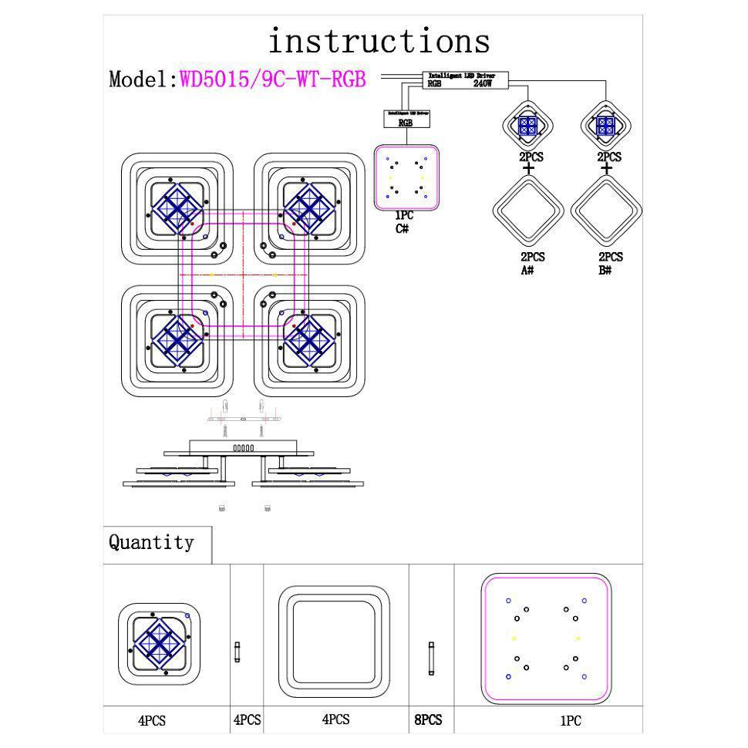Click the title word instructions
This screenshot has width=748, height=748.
tap(379, 40)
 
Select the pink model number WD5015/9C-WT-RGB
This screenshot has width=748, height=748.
tap(272, 79)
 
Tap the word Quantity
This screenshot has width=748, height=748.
tap(151, 542)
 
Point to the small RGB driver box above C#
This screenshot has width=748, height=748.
tap(406, 118)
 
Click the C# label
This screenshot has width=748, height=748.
tap(402, 229)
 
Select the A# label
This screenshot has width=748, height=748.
tap(528, 270)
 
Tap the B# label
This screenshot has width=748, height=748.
tap(605, 270)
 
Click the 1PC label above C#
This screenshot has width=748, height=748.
tap(404, 216)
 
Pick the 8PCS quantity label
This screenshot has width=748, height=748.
tap(429, 719)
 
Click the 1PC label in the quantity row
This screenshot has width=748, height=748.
tap(570, 721)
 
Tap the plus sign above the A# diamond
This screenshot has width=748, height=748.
tap(528, 168)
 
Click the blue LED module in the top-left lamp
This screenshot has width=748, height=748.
tap(177, 207)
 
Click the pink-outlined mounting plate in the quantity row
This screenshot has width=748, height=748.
tap(546, 639)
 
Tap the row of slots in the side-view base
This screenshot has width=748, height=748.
tap(243, 447)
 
